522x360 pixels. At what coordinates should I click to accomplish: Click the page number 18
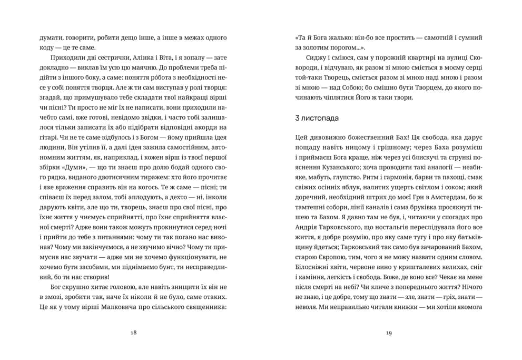point(133,333)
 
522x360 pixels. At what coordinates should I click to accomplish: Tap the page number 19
point(389,333)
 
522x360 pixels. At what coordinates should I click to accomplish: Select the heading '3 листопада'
point(317,118)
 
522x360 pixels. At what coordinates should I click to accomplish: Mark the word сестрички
point(99,56)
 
